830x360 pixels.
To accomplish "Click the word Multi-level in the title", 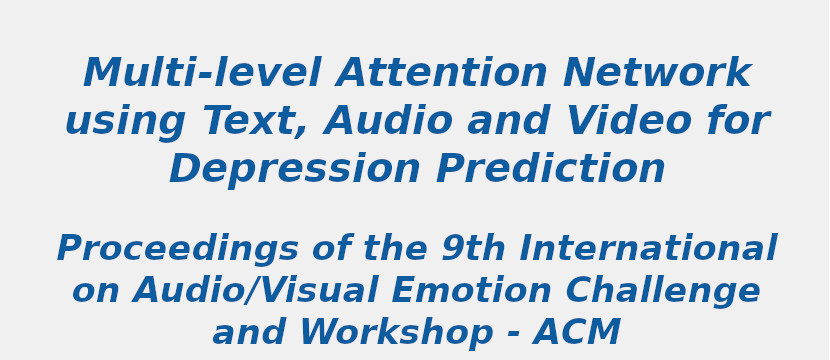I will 203,74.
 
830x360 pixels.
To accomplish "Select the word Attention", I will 442,74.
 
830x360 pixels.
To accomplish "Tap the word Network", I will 656,74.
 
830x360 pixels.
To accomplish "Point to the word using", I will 125,122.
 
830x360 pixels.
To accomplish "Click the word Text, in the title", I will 257,122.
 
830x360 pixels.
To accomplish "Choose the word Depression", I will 295,170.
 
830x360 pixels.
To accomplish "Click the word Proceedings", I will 177,249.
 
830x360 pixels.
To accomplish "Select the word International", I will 647,249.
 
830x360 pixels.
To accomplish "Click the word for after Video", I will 737,122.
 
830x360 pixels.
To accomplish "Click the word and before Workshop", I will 249,333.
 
